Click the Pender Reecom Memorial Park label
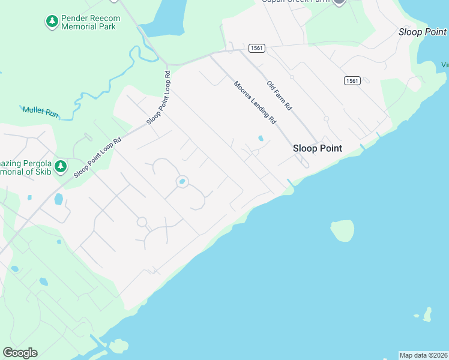point(91,22)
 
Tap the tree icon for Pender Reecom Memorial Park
point(52,22)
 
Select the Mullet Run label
point(41,111)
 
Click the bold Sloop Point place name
point(317,148)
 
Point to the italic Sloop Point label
point(423,32)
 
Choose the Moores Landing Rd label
point(255,103)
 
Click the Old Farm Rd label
point(279,95)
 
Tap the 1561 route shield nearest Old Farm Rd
point(256,48)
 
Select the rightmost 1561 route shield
point(352,80)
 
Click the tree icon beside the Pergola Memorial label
point(60,166)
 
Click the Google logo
point(20,353)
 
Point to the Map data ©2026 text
point(423,355)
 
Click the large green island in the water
point(343,230)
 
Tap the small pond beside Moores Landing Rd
point(260,139)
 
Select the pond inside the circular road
point(182,181)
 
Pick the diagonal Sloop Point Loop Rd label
point(98,156)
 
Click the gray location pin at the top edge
point(339,2)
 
